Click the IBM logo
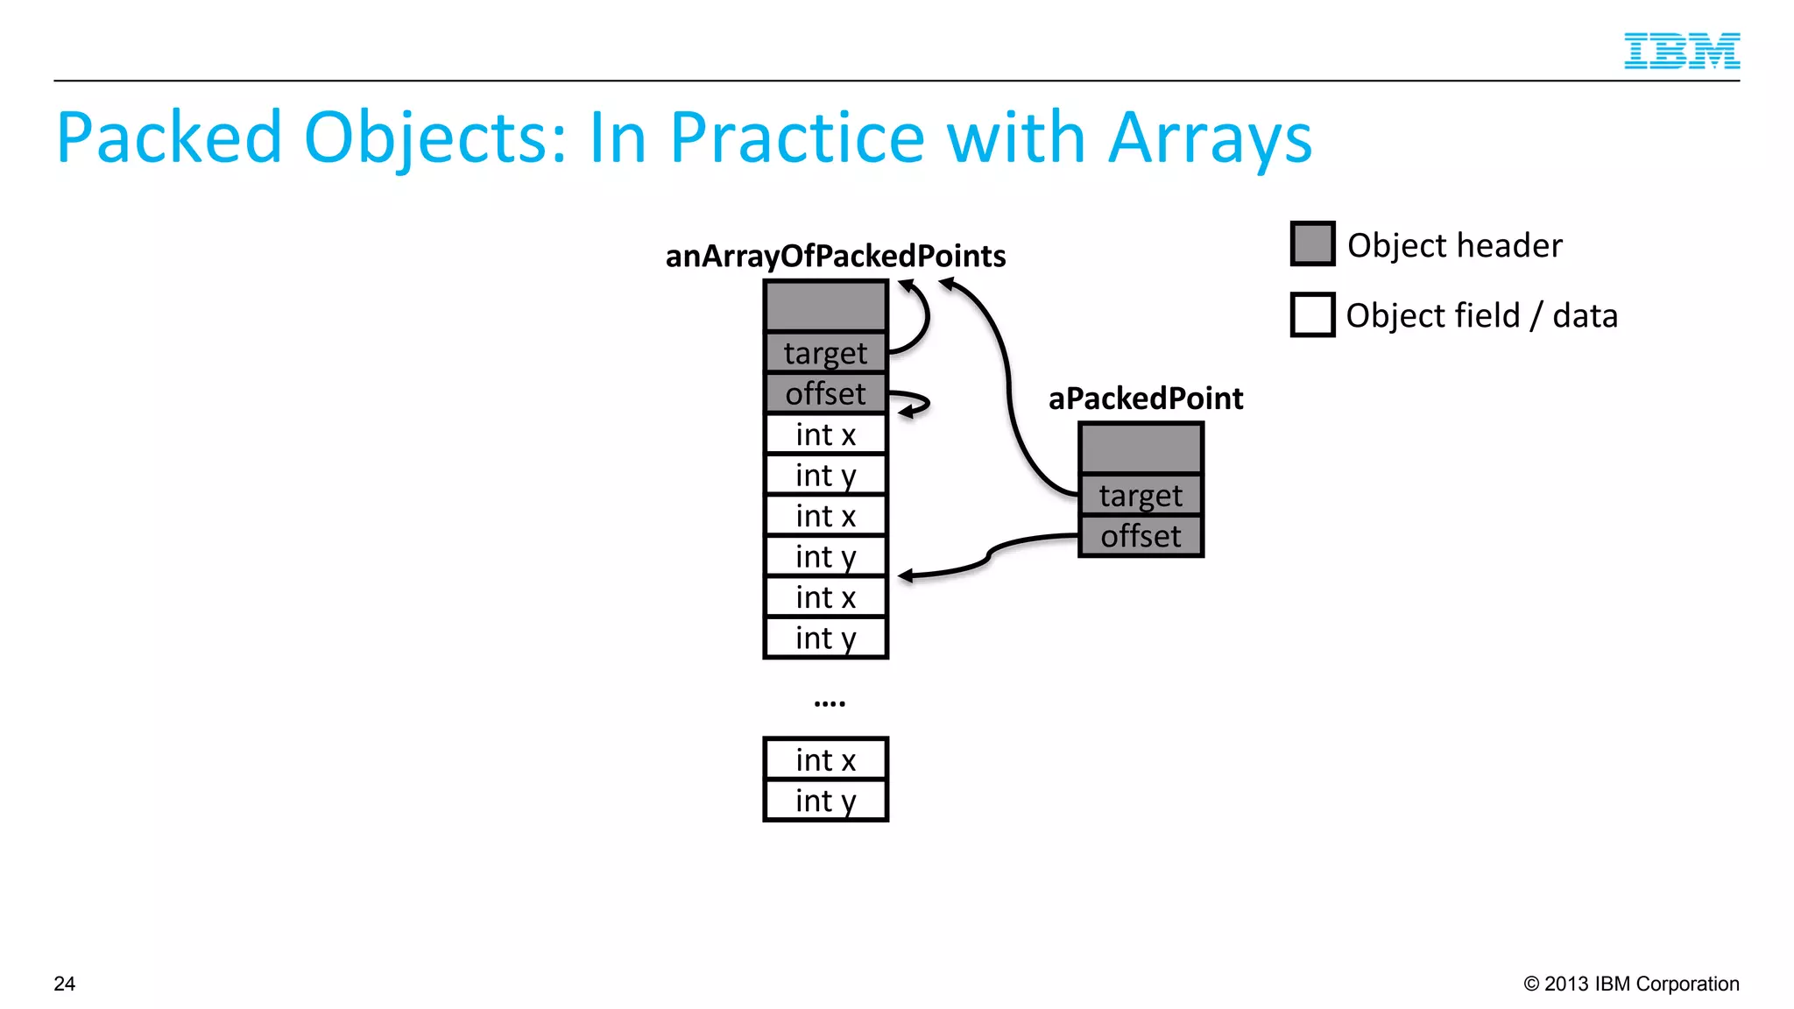1681,51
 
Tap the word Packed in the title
168,138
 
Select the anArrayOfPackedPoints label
835,256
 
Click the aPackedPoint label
1145,399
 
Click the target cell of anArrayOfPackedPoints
825,353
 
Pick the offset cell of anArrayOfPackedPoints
825,393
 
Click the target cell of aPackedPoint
1141,496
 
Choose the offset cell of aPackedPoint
1141,536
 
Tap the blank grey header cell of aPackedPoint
1141,449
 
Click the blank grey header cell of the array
825,306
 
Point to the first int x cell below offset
825,434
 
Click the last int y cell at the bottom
825,801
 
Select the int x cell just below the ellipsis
825,759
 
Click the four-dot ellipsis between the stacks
829,703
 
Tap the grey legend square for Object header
1312,243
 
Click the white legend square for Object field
1312,314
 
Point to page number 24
65,984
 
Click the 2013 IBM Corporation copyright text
1631,984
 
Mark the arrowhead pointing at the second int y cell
905,575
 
